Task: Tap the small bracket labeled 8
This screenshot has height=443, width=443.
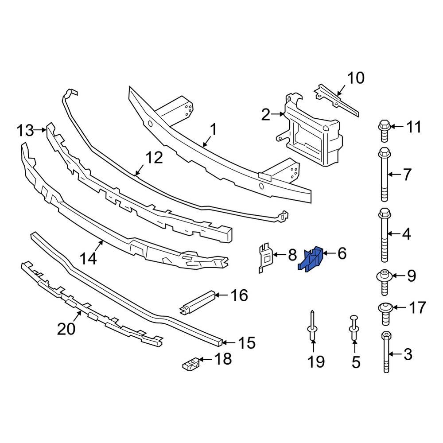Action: tap(265, 256)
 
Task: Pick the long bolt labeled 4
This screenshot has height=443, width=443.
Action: tap(384, 235)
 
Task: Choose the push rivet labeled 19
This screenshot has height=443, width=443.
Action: tap(312, 327)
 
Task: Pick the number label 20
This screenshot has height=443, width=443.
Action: tap(66, 329)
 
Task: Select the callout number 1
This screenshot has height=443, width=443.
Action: tap(213, 130)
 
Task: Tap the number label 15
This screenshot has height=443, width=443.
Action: tap(246, 342)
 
